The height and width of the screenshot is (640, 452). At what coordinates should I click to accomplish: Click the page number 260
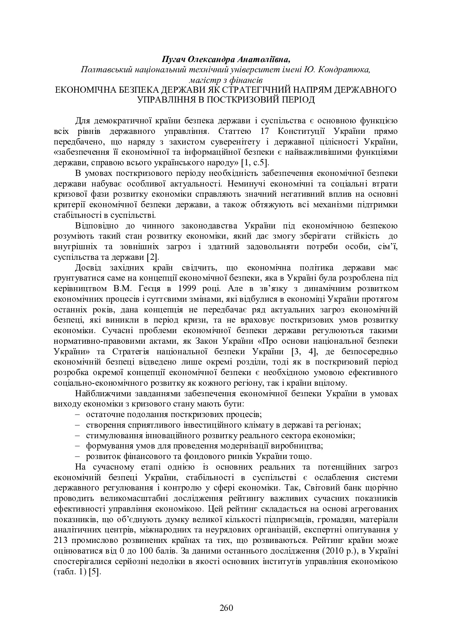point(226,608)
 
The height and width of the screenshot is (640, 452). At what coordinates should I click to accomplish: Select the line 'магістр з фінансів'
point(226,79)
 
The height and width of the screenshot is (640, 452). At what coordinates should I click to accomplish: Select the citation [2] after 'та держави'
point(152,258)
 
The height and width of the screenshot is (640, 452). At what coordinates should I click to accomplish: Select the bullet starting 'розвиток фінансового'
point(199,456)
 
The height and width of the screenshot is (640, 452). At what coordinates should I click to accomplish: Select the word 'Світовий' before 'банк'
point(320,488)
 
